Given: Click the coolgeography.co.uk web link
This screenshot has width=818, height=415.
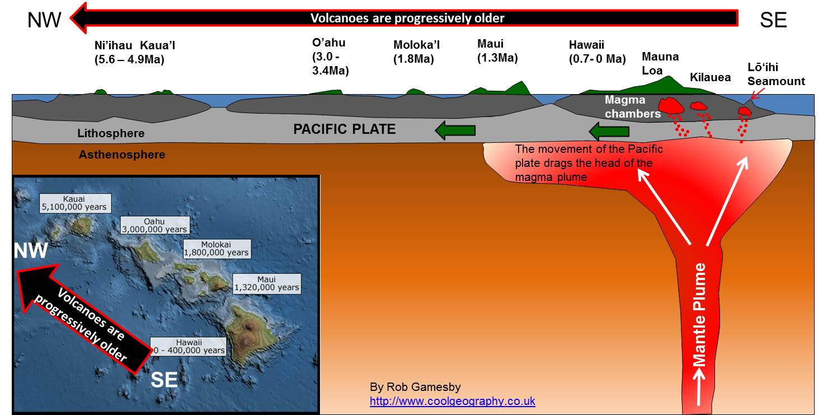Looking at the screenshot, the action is coord(453,401).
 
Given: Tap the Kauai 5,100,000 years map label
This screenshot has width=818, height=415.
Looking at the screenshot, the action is coord(75,203).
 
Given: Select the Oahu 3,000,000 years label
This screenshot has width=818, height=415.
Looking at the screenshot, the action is coord(155,225).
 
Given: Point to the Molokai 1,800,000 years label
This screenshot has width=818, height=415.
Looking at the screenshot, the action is coord(217,249).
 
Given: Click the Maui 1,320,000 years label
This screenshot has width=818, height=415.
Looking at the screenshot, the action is coord(267,283).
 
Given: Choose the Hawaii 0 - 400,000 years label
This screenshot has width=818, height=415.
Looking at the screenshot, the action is coord(189,347).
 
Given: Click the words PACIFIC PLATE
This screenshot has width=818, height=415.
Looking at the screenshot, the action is coord(344,129).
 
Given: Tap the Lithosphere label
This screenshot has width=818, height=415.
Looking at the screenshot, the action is coord(111,133).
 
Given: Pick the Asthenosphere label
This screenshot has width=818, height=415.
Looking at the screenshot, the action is coord(122,155).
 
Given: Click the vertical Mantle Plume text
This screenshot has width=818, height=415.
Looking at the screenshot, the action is coord(699,314).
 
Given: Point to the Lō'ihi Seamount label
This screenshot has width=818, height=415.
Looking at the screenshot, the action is coord(775,74).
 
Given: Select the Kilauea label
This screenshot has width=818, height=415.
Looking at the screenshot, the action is coord(710,77).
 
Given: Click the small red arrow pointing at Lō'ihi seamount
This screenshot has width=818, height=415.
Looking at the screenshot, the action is coord(757,94).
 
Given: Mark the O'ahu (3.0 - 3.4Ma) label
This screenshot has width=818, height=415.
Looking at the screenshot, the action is coord(330,57).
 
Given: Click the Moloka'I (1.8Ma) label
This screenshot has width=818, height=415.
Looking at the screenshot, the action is coord(416,52).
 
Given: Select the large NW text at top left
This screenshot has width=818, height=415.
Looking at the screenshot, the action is coord(44,20).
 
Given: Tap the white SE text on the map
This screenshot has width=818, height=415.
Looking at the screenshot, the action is coord(164,380).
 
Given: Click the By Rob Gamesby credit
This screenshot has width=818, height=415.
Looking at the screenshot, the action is coord(415,387).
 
